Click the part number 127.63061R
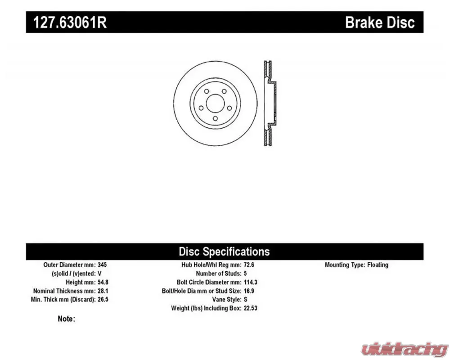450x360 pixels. (x=70, y=22)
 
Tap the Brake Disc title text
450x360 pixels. (x=380, y=22)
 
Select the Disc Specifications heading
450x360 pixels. (x=224, y=252)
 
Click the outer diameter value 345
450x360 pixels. (x=102, y=265)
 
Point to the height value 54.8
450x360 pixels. (x=103, y=282)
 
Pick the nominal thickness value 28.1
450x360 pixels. (x=103, y=291)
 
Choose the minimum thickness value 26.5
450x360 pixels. (x=103, y=299)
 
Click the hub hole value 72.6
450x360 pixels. (x=249, y=265)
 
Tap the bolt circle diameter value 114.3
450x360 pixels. (x=251, y=282)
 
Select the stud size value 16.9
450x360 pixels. (x=249, y=291)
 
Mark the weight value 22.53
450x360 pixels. (x=251, y=308)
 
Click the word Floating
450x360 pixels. (x=378, y=265)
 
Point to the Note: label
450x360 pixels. (x=66, y=319)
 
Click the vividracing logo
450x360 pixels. (x=404, y=349)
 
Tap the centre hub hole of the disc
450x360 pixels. (x=215, y=103)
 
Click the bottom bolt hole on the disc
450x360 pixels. (x=215, y=118)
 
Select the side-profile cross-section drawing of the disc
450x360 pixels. (x=270, y=103)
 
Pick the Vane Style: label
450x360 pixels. (x=227, y=299)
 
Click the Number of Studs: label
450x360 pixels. (x=219, y=273)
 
